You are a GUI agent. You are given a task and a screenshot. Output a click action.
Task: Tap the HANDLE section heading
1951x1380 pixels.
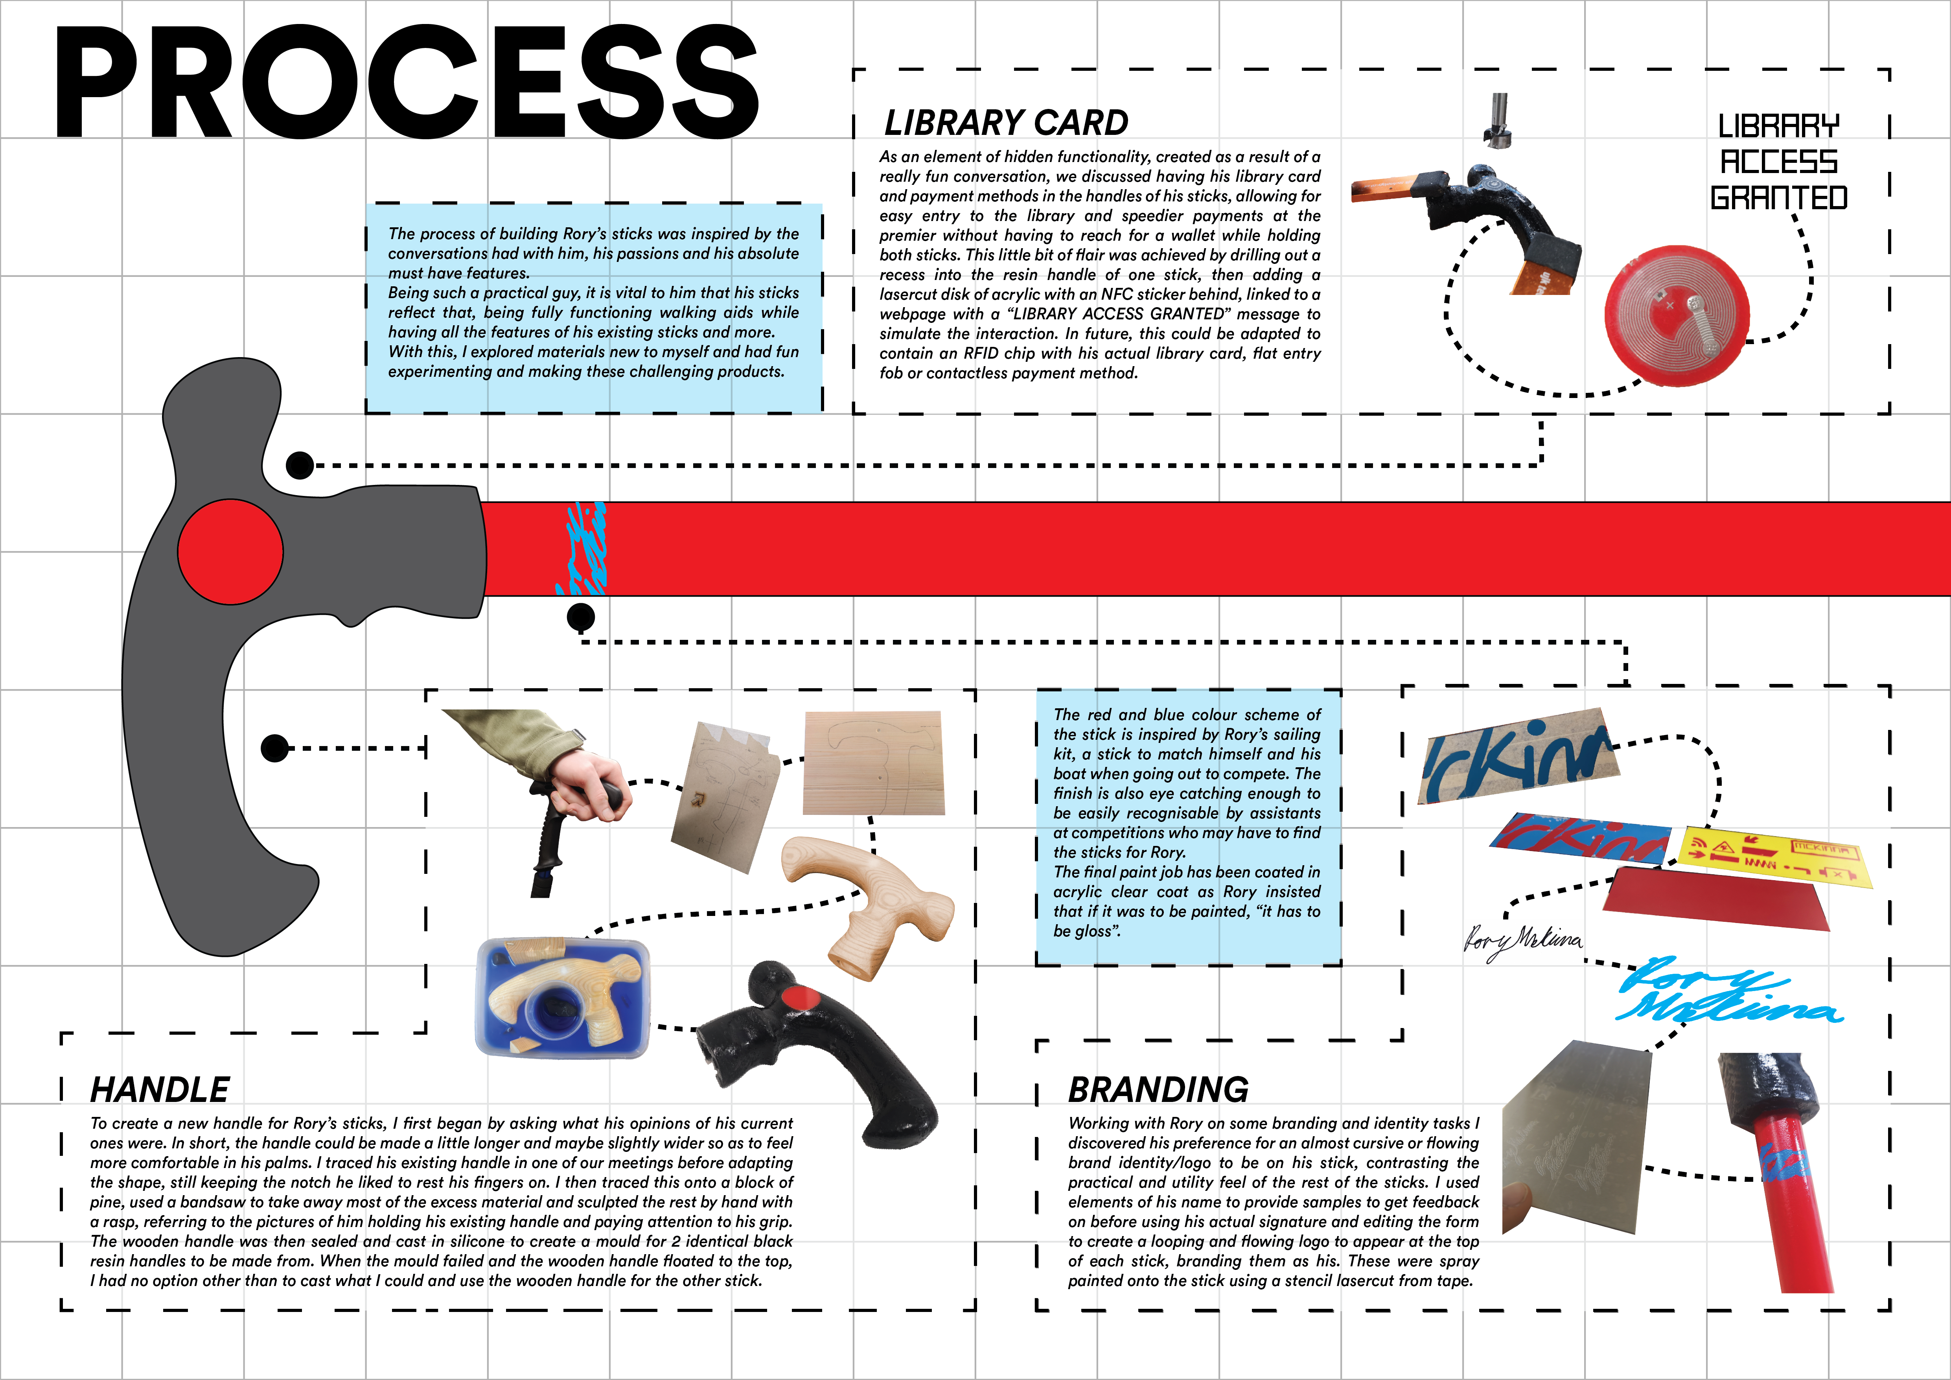160,1089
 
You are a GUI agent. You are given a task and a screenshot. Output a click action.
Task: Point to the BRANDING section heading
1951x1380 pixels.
1158,1089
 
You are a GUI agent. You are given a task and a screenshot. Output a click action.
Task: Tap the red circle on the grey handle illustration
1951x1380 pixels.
230,551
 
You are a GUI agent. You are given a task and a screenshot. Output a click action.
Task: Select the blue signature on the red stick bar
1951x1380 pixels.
585,548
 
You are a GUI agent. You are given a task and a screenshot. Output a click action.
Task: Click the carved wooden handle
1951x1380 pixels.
867,905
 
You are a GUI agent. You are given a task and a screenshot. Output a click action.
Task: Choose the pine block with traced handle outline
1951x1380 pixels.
873,762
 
